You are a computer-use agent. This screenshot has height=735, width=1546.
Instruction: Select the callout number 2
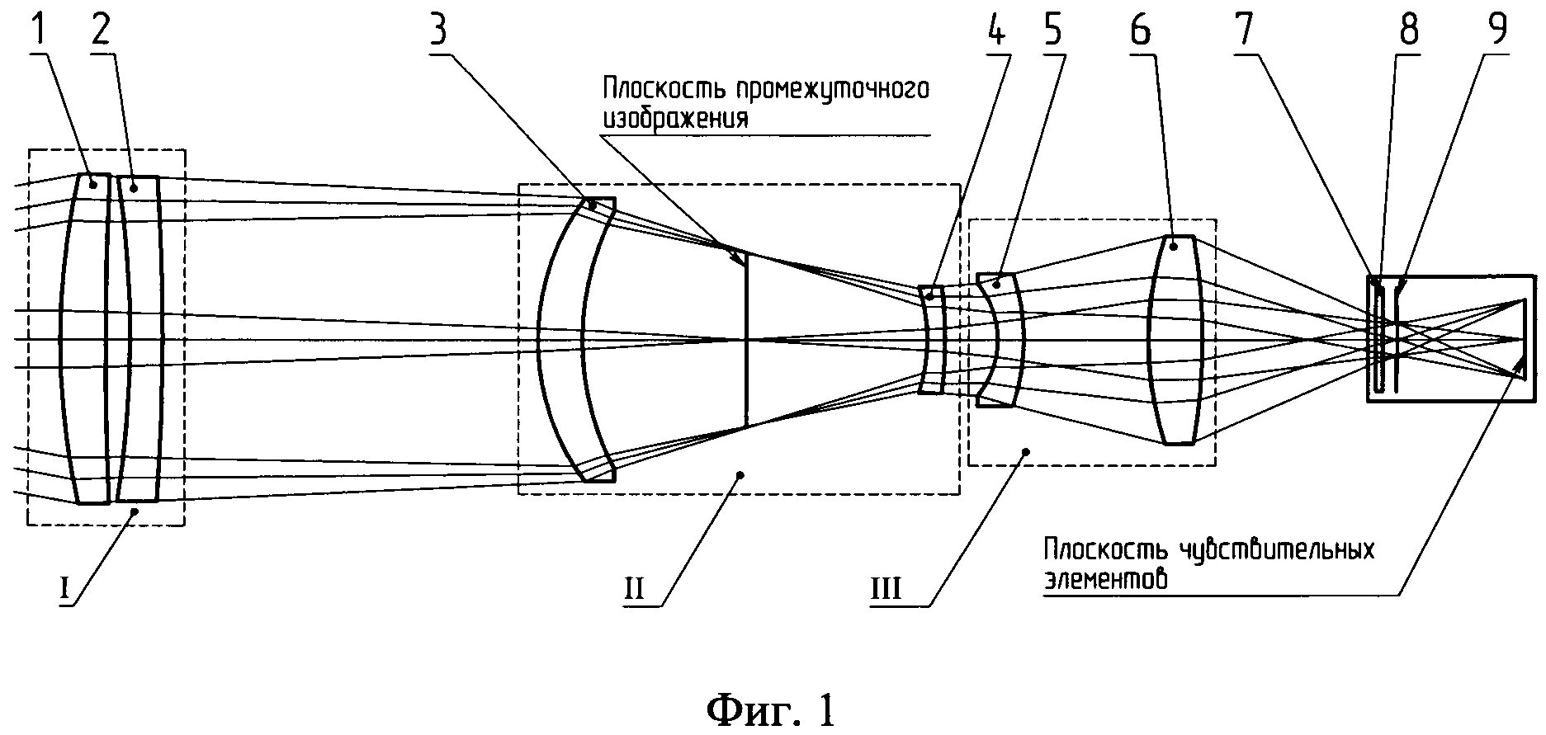pos(100,31)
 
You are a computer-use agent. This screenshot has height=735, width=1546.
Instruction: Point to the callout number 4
pos(996,31)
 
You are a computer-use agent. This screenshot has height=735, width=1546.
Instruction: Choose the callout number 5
pos(1052,31)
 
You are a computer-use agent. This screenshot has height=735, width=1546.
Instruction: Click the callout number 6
pos(1140,31)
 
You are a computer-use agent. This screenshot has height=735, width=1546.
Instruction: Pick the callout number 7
pos(1244,31)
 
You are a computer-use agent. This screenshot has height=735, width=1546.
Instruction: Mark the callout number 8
pos(1408,31)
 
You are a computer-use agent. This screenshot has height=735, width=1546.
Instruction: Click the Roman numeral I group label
pos(64,589)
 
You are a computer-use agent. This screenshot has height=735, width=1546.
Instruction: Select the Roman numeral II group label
pos(633,589)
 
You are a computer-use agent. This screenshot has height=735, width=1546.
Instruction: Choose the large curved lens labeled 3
pos(561,340)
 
